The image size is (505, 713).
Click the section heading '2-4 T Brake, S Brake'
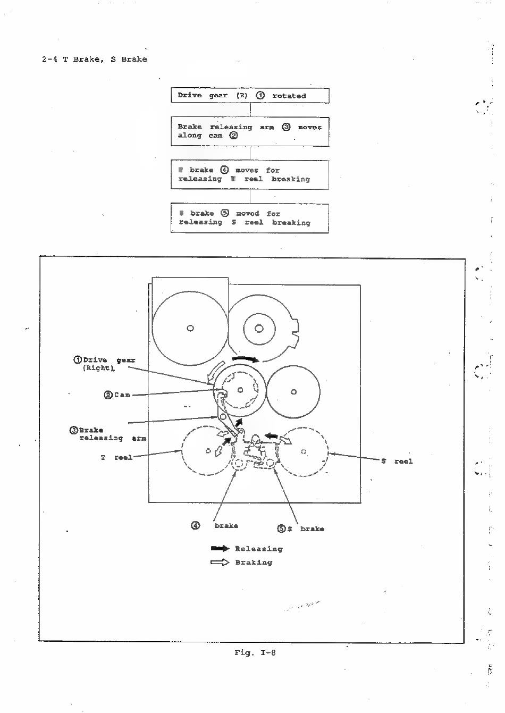95,59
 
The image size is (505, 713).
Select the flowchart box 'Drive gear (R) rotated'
250,96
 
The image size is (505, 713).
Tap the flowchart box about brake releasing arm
250,131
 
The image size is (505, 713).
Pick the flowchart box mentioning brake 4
250,174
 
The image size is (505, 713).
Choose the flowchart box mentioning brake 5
250,218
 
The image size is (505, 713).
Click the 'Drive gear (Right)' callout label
104,364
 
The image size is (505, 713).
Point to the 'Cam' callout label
117,395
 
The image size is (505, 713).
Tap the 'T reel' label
116,457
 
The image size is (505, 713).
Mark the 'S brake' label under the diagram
306,529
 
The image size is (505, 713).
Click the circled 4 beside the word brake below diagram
196,525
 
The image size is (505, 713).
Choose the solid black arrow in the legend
220,548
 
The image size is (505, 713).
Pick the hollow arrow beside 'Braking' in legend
220,562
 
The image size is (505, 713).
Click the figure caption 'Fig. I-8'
255,652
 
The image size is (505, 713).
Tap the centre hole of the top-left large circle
190,328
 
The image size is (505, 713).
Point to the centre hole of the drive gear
240,390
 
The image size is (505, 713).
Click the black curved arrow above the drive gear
246,360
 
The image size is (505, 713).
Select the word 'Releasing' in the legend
259,549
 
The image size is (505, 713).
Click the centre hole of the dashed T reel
208,451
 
